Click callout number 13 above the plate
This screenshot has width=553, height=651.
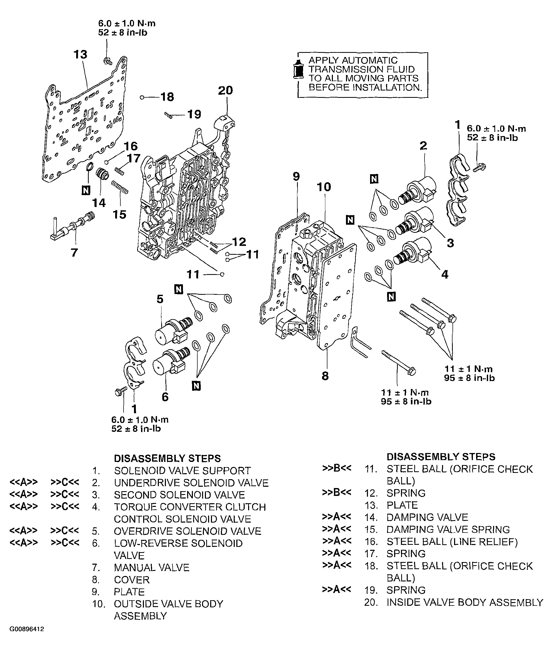[x=80, y=54]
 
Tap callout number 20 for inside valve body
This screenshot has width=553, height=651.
[x=225, y=90]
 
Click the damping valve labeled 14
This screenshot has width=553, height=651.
[x=102, y=174]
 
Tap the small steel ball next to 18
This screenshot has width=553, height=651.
[x=142, y=98]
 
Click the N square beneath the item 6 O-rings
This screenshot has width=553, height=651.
[x=196, y=386]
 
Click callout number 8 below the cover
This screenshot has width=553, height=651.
[x=325, y=376]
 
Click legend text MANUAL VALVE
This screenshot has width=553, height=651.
[x=152, y=567]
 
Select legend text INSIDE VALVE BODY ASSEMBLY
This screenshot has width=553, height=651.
[x=465, y=602]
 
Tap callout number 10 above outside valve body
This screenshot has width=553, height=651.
[x=324, y=187]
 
